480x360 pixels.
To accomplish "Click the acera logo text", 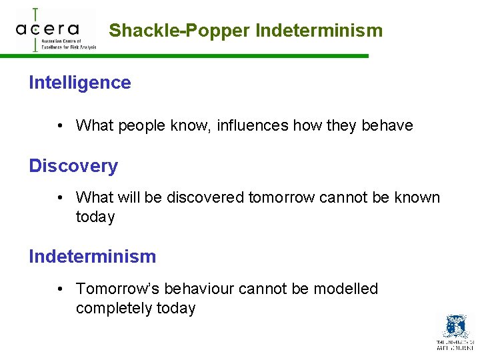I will [x=47, y=29].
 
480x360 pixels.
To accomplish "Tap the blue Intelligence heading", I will [x=80, y=83].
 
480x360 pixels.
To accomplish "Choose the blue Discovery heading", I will [x=73, y=166].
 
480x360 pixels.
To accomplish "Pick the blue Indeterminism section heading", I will [x=92, y=257].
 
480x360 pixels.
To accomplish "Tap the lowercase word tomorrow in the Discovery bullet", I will [x=279, y=198].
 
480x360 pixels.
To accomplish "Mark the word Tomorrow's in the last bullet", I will [x=118, y=289].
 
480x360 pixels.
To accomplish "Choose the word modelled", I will [x=345, y=289].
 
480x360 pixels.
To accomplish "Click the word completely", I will [x=114, y=309].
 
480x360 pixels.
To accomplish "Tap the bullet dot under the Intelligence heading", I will [x=60, y=125].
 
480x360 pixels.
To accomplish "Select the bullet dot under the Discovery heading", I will [x=60, y=198].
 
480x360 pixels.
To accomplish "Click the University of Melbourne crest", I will [x=455, y=327].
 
